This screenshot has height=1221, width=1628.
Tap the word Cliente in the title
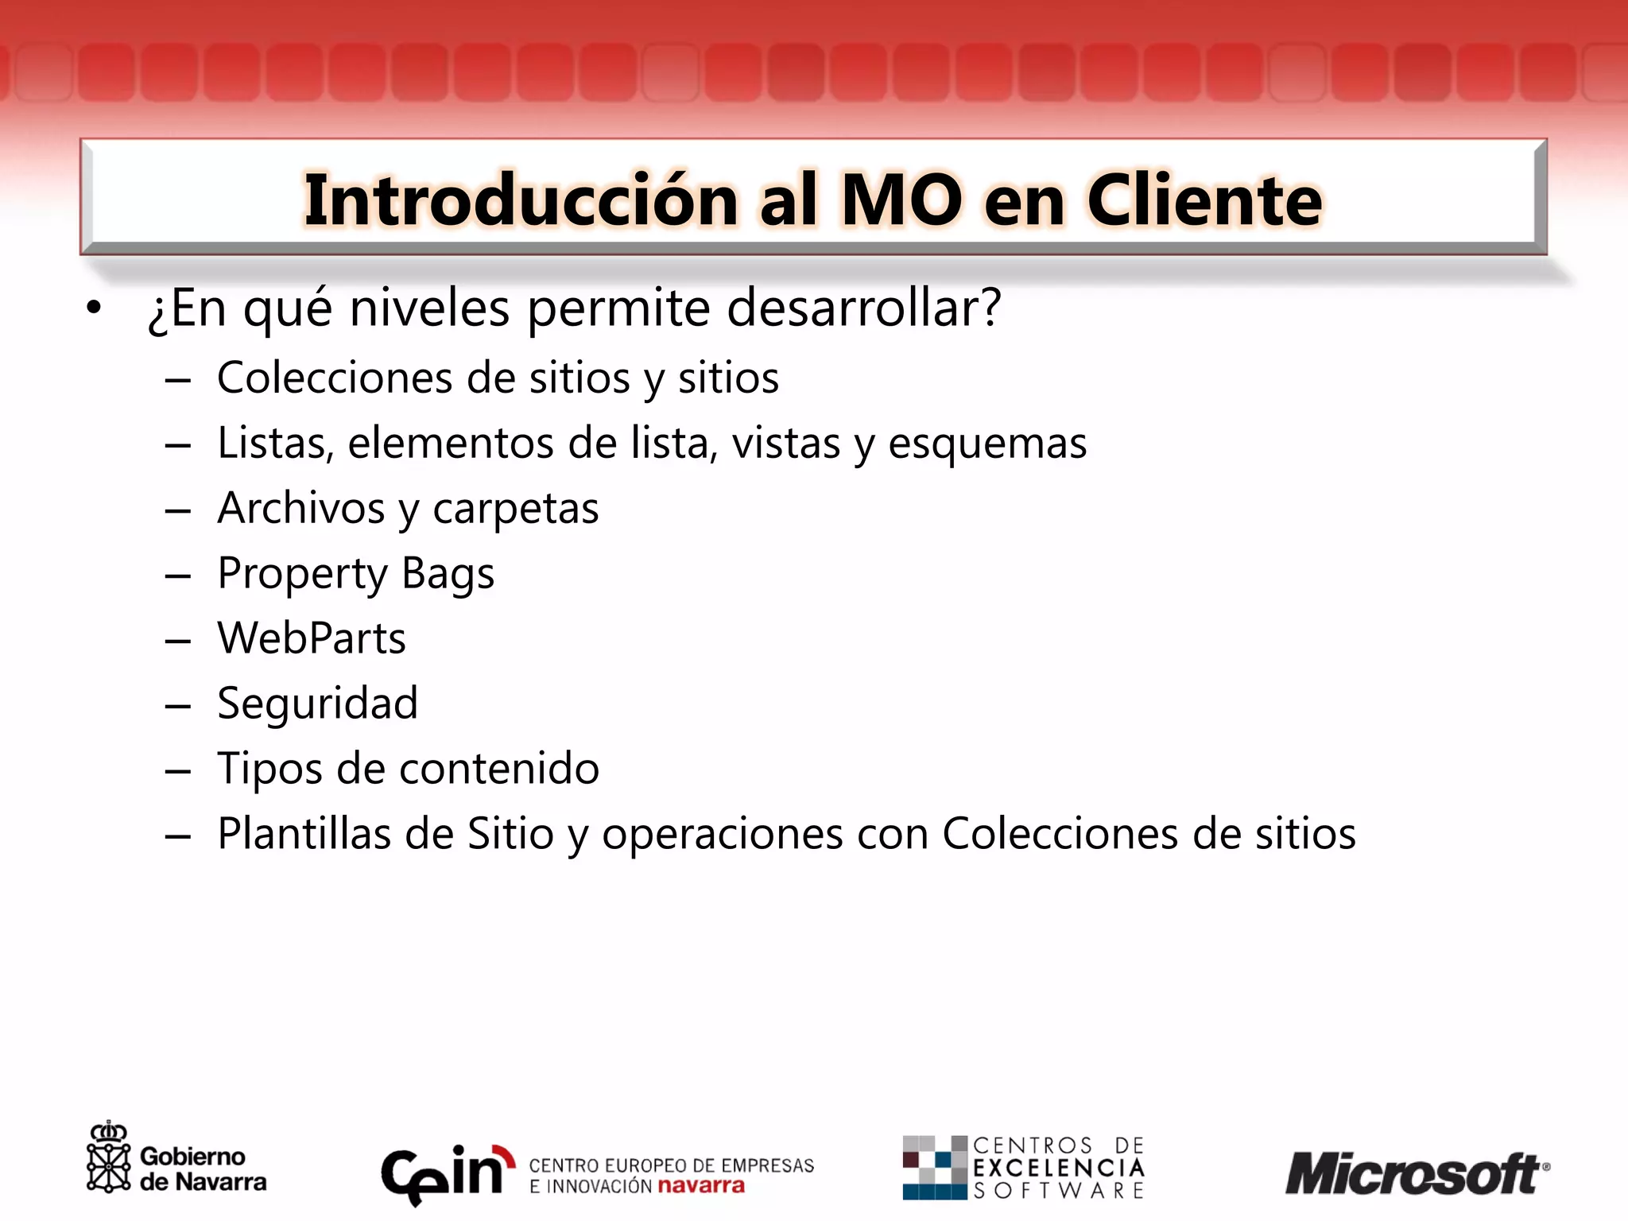pos(1204,200)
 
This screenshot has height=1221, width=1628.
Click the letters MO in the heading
pos(901,200)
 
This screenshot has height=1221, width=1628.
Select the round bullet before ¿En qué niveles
pos(94,308)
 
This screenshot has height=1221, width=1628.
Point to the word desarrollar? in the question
pos(863,308)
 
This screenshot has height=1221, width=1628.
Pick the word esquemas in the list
pos(986,443)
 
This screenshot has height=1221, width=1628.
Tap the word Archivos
pos(301,508)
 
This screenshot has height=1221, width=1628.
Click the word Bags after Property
pos(448,573)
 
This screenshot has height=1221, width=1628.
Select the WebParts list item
pos(312,638)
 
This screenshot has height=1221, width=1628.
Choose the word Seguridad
pos(317,704)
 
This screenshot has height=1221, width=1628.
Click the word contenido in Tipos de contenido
pos(499,769)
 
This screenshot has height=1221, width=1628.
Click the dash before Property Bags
pos(177,575)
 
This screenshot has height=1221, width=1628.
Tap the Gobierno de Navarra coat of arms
pos(108,1158)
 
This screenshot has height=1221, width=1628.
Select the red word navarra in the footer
pos(701,1186)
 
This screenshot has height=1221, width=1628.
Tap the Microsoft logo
pos(1415,1173)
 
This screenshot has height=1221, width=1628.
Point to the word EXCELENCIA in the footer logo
pos(1059,1168)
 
